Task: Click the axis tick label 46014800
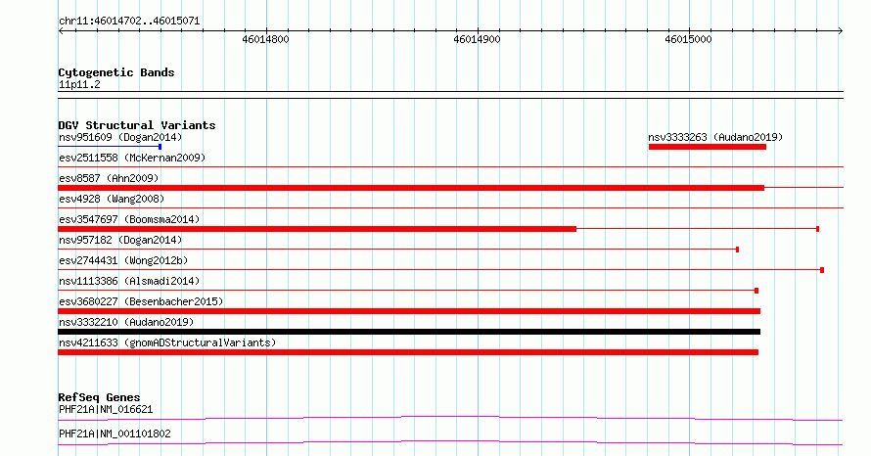coord(265,39)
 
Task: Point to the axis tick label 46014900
coord(477,39)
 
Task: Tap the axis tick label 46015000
coord(688,39)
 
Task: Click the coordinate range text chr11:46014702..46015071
coord(129,22)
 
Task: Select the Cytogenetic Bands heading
coord(116,72)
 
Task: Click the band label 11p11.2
coord(79,84)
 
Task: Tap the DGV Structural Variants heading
coord(137,125)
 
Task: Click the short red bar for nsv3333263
coord(708,147)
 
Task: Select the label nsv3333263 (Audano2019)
coord(715,137)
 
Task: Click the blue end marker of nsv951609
coord(160,147)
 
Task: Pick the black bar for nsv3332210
coord(409,332)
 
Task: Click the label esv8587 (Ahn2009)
coord(109,178)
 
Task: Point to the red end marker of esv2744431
coord(822,270)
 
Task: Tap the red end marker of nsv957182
coord(737,250)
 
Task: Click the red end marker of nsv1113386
coord(756,291)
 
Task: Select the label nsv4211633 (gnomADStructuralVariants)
coord(167,342)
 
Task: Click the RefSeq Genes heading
coord(100,397)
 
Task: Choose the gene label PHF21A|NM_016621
coord(106,409)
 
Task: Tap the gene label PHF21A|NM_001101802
coord(115,433)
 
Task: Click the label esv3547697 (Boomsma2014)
coord(129,219)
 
